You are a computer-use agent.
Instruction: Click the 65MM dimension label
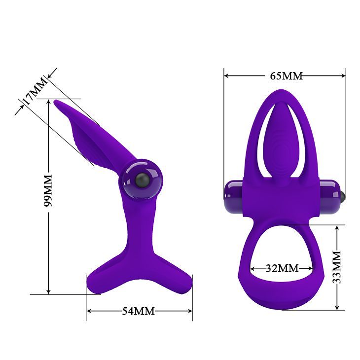pos(286,76)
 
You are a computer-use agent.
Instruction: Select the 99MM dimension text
pos(47,190)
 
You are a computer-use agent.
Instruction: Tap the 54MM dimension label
pos(138,311)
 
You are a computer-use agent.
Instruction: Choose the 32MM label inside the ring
pos(282,268)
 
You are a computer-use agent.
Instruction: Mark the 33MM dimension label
pos(337,267)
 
